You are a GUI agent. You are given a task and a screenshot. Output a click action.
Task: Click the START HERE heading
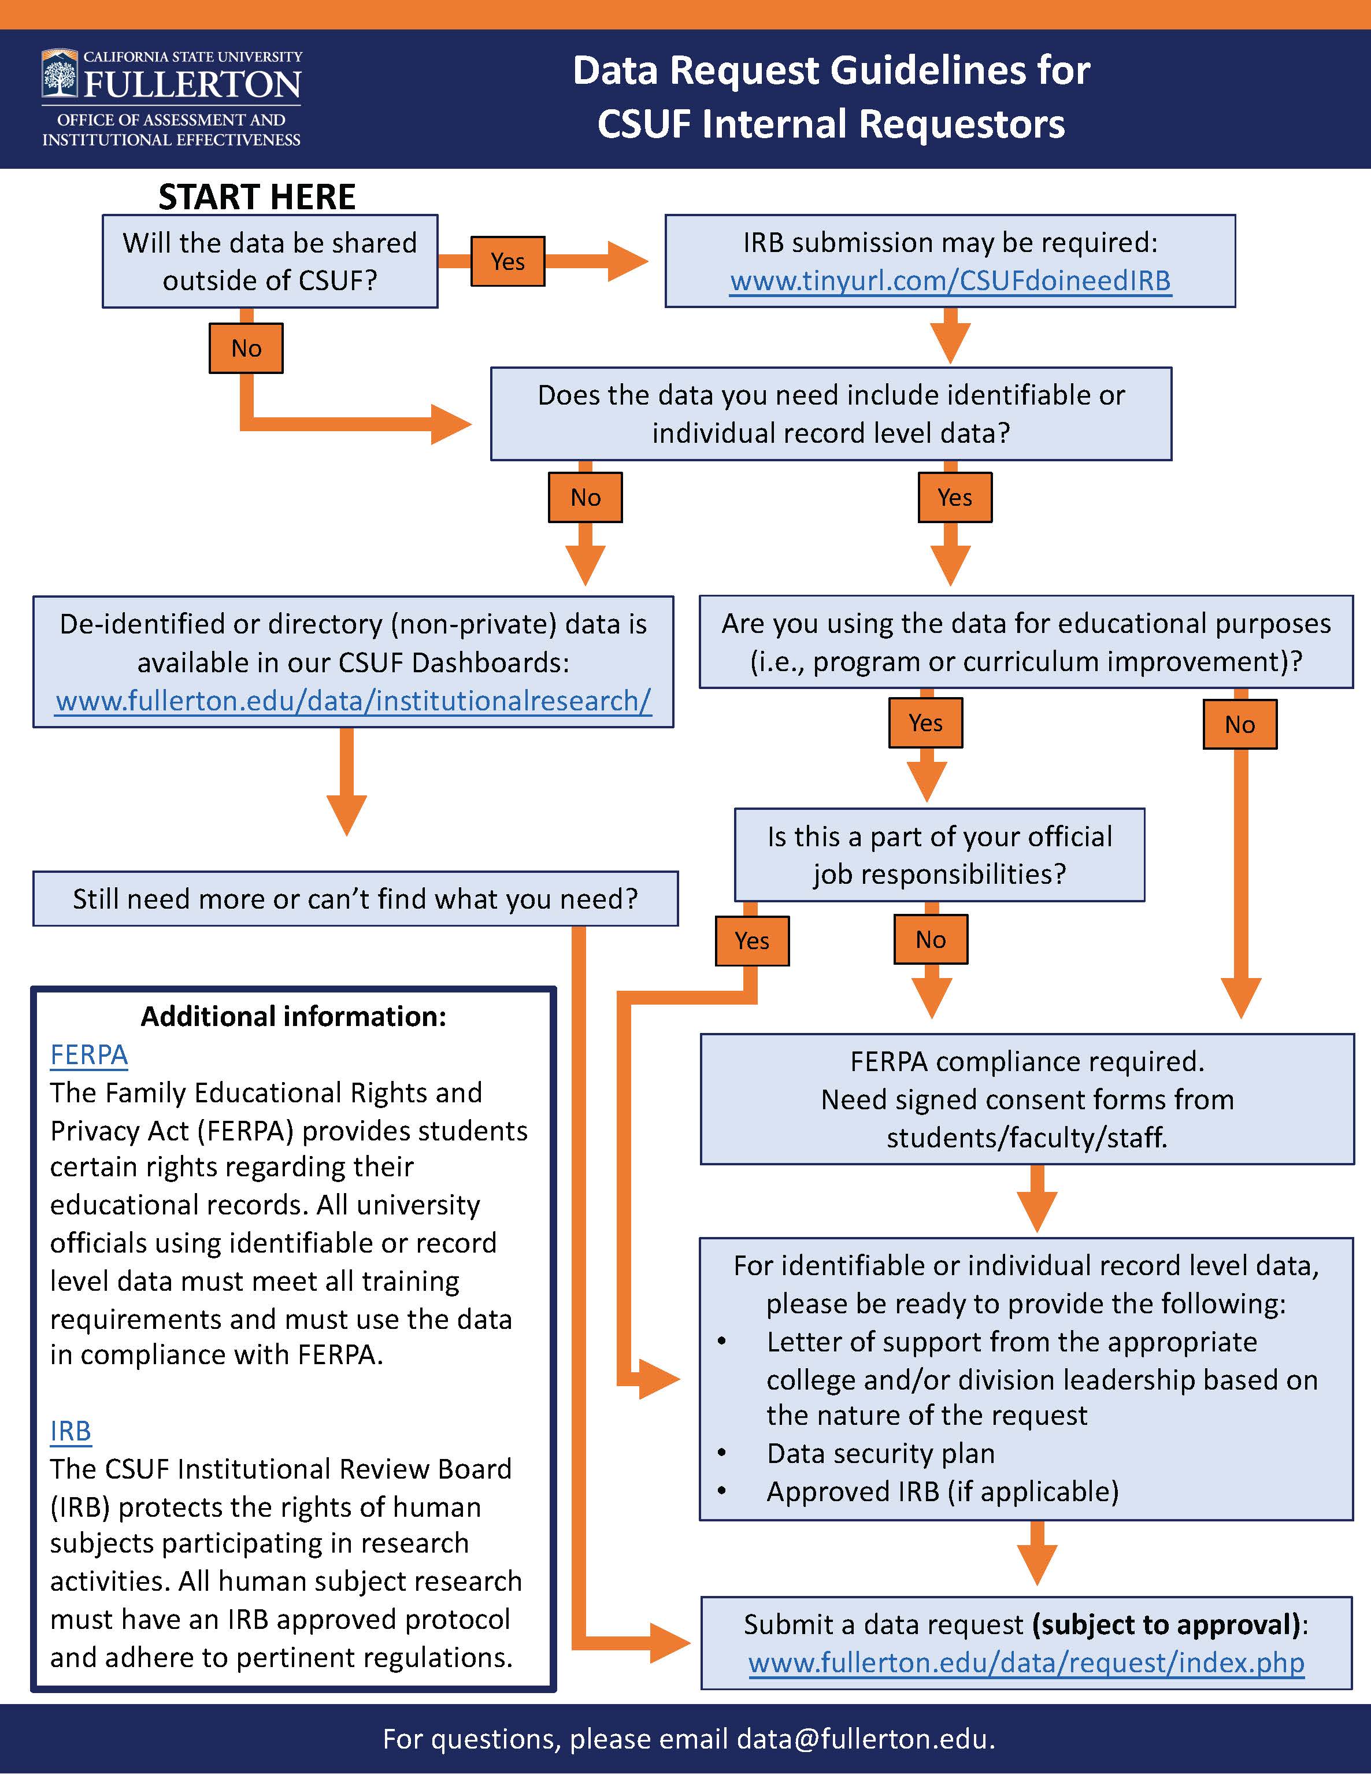tap(257, 197)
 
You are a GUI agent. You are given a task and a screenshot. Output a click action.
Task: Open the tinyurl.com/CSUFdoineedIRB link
tap(950, 280)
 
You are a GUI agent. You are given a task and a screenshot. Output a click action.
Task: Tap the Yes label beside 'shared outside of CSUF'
tap(507, 261)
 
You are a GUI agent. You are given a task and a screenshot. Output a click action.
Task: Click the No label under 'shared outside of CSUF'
tap(246, 349)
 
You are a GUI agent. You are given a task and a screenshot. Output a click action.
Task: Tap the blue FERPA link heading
tap(88, 1055)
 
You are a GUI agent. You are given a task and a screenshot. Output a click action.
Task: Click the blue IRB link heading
tap(71, 1431)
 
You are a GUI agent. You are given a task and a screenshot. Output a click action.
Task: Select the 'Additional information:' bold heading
tap(293, 1017)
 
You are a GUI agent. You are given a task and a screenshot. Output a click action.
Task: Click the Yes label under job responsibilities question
tap(752, 940)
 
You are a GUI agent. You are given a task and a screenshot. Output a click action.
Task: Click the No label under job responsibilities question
tap(931, 940)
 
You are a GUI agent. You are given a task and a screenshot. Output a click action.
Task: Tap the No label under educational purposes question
tap(1239, 724)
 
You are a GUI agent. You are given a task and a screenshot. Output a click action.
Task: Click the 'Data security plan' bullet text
tap(880, 1454)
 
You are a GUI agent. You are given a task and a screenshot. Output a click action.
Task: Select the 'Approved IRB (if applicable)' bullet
tap(942, 1492)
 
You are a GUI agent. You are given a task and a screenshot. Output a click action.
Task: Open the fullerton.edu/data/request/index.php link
tap(1026, 1662)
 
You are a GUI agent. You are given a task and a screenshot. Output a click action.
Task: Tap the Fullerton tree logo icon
tap(60, 76)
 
